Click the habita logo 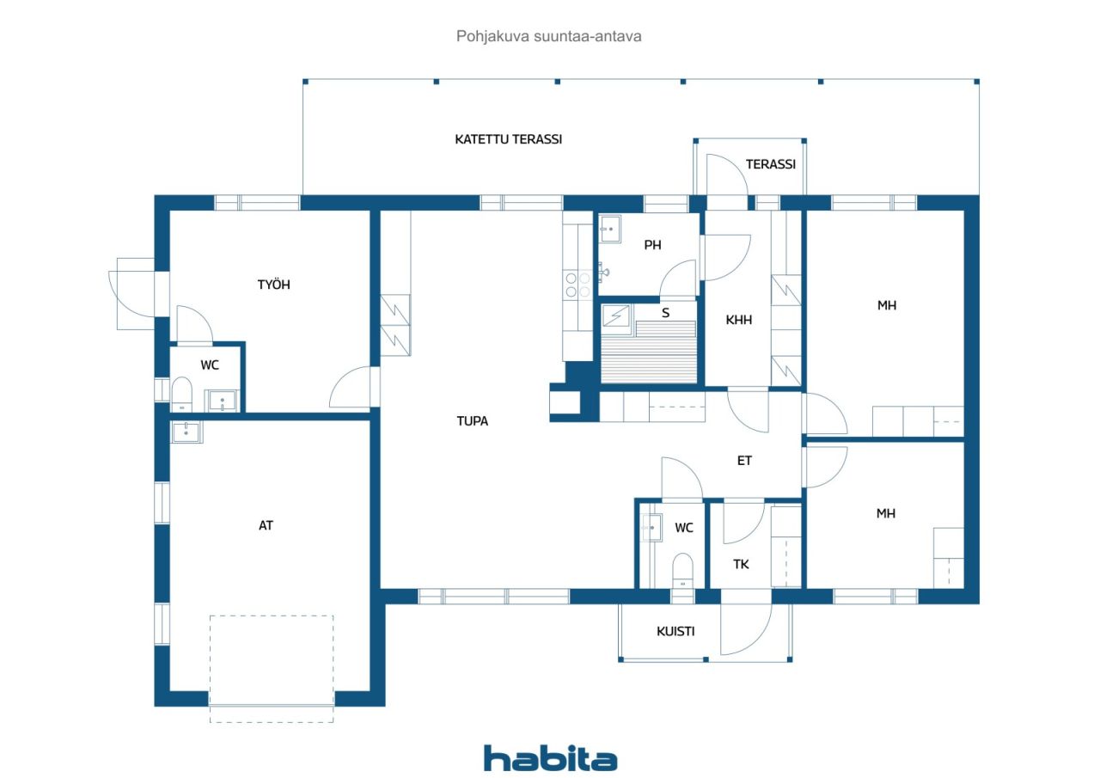[x=550, y=758]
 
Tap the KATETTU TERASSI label [x=508, y=139]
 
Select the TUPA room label [x=473, y=421]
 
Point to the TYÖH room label [x=274, y=284]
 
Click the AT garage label [x=266, y=525]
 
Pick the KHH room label [x=738, y=321]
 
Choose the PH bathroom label [x=652, y=245]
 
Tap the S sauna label [x=665, y=313]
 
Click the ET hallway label [x=744, y=461]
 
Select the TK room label [x=741, y=564]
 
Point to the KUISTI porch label [x=675, y=631]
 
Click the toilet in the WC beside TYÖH [x=181, y=395]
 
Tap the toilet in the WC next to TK [x=682, y=570]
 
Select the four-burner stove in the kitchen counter [x=577, y=285]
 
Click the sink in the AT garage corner [x=186, y=432]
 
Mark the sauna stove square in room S [x=616, y=315]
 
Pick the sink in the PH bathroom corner [x=610, y=229]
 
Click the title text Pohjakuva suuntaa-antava [x=548, y=36]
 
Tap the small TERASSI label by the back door [x=771, y=164]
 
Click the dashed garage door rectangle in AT [x=272, y=669]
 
